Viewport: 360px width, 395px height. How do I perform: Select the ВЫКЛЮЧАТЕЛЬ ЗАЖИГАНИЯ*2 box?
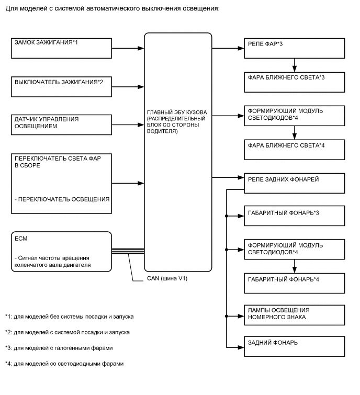coord(60,85)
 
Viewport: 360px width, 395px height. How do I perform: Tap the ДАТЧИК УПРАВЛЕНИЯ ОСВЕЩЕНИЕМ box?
coord(60,124)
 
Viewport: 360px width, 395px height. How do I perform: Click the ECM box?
coord(60,252)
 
